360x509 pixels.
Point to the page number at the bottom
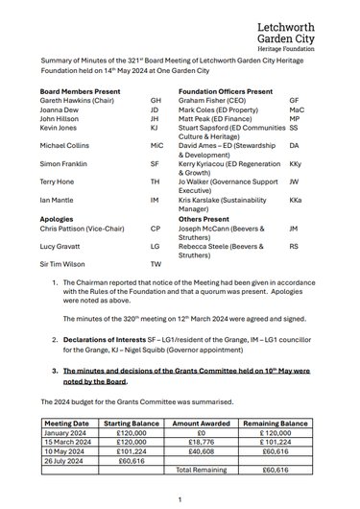coord(180,498)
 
